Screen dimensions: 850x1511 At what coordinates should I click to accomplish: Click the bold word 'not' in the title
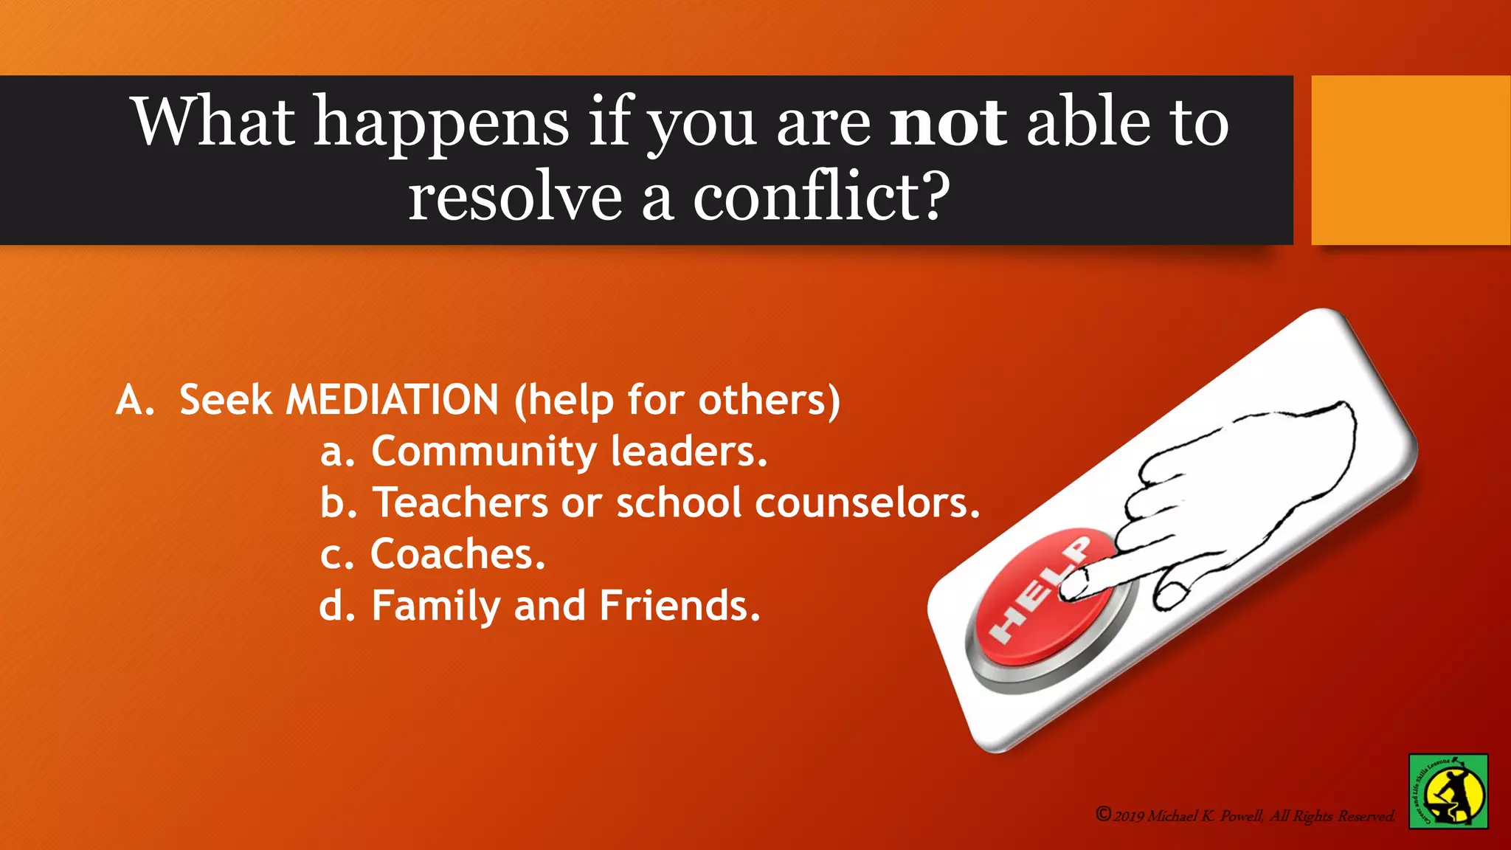coord(947,122)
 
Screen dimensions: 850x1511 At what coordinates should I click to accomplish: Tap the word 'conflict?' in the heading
coord(820,197)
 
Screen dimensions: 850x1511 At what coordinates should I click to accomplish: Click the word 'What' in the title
coord(214,122)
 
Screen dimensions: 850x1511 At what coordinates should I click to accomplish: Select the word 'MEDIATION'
coord(392,400)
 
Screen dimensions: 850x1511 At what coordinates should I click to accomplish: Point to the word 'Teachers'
coord(460,502)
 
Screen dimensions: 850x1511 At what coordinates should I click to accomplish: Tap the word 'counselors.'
coord(868,502)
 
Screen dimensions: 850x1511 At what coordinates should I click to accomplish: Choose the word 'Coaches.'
coord(457,554)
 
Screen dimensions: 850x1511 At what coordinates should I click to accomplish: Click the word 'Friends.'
coord(680,606)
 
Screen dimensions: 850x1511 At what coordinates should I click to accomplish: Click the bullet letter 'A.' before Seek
coord(135,401)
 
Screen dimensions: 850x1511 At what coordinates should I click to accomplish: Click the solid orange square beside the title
coord(1410,160)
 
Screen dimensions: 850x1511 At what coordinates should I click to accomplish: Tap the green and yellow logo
coord(1448,791)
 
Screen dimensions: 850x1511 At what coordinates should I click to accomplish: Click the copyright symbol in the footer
coord(1103,814)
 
